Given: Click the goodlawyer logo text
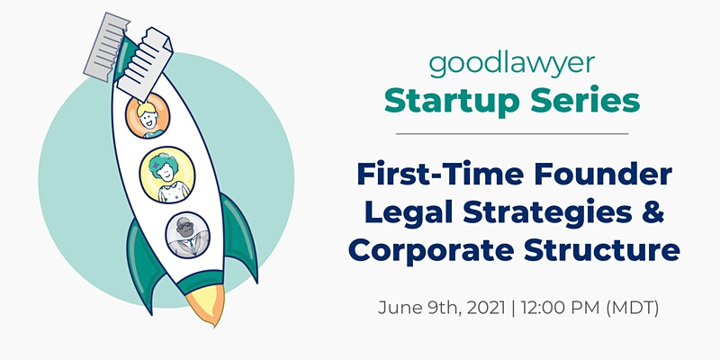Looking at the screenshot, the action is [512, 65].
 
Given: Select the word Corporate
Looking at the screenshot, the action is [430, 251].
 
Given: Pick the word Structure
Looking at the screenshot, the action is [602, 251].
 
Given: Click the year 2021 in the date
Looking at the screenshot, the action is [486, 307].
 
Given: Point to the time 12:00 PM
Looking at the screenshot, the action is [561, 307].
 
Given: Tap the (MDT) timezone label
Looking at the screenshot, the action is [633, 308].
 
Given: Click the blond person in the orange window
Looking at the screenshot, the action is [148, 116].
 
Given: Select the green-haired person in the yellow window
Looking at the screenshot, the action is [167, 175].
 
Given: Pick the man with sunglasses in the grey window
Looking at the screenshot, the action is [187, 235].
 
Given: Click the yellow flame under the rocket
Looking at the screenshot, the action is [206, 304].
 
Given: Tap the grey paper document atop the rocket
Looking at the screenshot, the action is [105, 47].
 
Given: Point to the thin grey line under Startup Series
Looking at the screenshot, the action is [512, 133].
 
